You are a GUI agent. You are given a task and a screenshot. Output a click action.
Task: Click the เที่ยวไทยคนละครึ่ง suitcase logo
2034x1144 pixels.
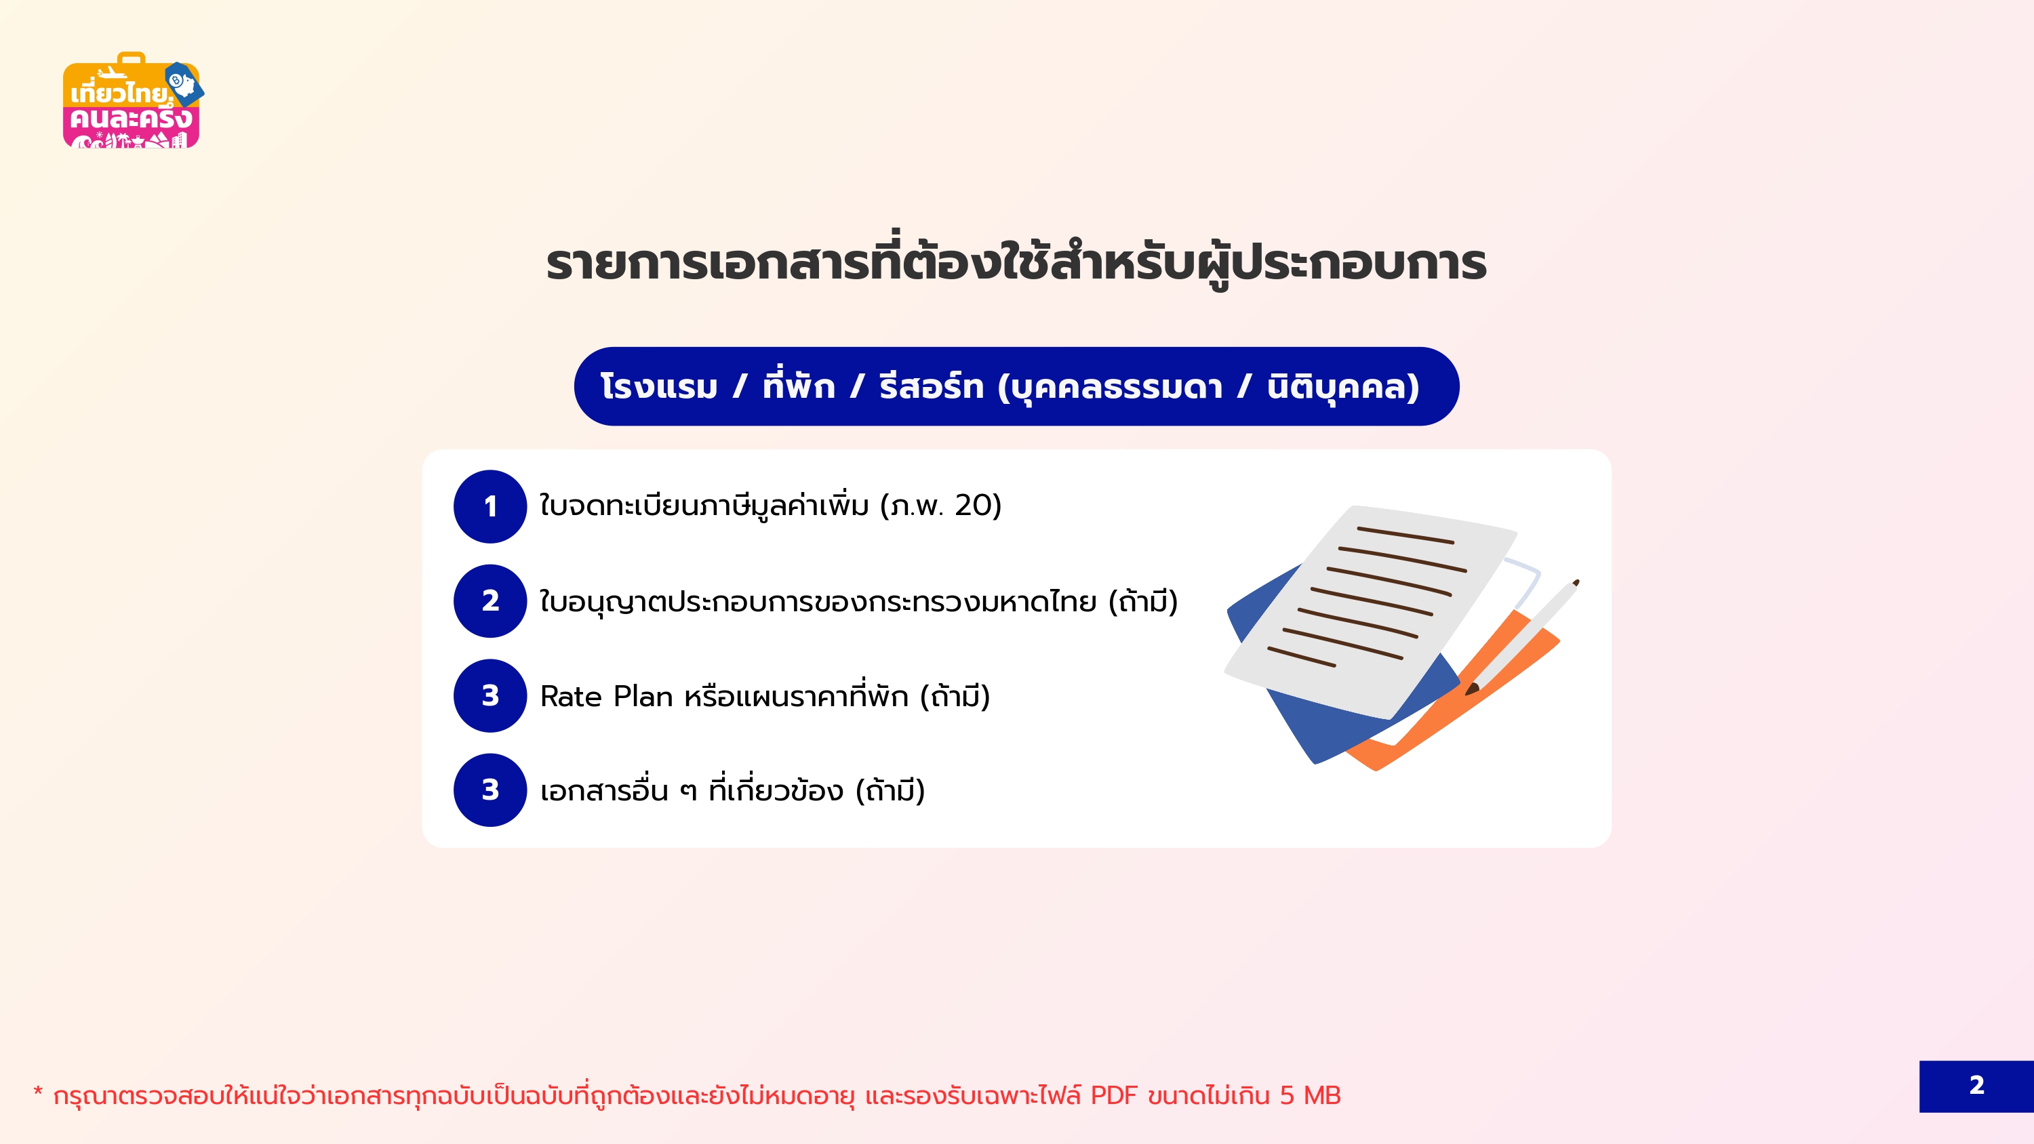[132, 100]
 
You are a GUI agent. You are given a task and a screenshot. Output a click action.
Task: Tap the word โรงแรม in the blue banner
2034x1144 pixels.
[659, 387]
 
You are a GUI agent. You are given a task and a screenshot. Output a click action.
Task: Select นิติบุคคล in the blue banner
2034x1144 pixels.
[1343, 387]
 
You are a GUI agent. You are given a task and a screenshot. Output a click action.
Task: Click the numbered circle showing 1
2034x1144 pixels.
[490, 506]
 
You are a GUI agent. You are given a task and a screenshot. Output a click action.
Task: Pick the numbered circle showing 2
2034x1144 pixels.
[490, 601]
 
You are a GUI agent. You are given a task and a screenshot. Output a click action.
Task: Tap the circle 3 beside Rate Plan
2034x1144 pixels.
[490, 695]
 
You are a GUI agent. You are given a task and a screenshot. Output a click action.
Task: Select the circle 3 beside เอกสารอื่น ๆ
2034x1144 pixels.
[490, 790]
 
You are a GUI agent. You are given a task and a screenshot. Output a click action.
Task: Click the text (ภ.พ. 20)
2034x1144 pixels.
[941, 506]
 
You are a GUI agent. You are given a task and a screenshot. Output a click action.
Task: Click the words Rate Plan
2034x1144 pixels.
[606, 696]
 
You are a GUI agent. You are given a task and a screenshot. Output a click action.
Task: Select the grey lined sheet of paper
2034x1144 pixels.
[1370, 612]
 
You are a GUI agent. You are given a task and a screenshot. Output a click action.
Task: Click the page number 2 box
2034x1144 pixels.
[1976, 1086]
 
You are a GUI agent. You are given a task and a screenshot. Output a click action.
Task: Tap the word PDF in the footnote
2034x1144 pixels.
[1113, 1096]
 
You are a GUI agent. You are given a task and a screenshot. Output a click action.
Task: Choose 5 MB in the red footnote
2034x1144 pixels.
[1311, 1096]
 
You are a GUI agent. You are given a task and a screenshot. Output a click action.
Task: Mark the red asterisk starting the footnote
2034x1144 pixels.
[38, 1092]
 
